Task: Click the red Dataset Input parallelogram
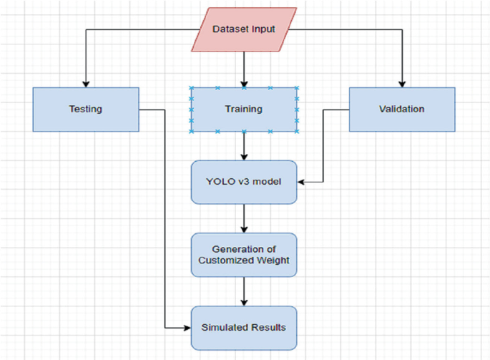[244, 29]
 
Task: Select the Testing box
[85, 110]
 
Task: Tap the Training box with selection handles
[244, 110]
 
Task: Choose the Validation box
[401, 110]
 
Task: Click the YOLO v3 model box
[244, 182]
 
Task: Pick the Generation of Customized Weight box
[244, 254]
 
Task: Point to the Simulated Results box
[244, 327]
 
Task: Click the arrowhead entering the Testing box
[85, 83]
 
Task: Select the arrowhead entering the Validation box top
[402, 83]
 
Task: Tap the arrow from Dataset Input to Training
[244, 69]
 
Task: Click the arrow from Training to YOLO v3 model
[244, 146]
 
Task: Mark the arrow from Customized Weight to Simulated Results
[244, 291]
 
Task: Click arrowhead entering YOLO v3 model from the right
[301, 182]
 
